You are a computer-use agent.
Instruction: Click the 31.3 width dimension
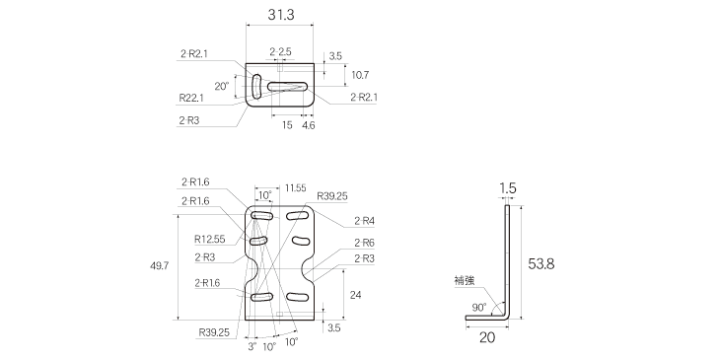280,15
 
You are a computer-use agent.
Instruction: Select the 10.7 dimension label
360,75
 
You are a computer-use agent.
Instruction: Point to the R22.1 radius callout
191,98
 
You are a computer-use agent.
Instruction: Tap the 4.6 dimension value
309,125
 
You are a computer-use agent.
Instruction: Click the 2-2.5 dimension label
280,52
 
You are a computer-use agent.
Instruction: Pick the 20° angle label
221,86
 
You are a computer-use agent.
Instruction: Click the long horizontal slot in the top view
287,86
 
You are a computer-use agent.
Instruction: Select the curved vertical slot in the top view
256,86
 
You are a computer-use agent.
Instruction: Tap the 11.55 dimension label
295,187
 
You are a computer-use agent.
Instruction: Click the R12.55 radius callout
209,239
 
